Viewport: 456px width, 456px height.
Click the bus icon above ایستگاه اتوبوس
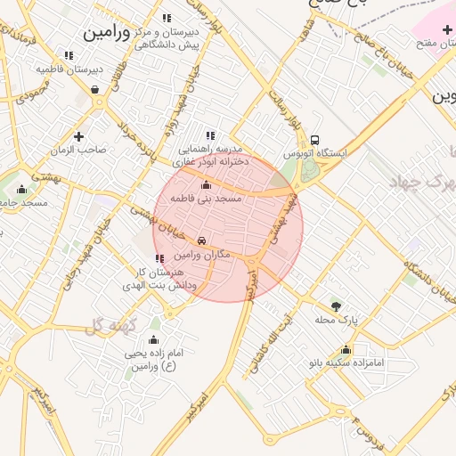click(x=315, y=140)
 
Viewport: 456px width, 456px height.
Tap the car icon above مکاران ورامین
click(x=202, y=241)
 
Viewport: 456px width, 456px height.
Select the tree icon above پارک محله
click(x=336, y=305)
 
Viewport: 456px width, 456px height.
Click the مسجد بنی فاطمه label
click(x=207, y=199)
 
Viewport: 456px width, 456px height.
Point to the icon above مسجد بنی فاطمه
click(x=207, y=185)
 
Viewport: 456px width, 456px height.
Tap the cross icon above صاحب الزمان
click(x=79, y=136)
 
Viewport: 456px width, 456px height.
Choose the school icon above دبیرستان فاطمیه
click(x=69, y=55)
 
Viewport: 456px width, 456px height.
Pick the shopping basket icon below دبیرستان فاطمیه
click(x=95, y=89)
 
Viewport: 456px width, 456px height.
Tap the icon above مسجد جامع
click(x=21, y=189)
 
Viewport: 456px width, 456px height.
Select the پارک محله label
click(x=336, y=319)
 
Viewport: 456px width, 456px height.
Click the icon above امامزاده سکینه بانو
click(x=346, y=349)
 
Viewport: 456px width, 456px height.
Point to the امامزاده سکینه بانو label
click(x=346, y=362)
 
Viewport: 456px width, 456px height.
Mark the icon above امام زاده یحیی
click(x=153, y=339)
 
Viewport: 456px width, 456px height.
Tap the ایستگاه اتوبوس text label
click(x=315, y=153)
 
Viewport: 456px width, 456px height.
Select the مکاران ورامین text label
click(x=204, y=256)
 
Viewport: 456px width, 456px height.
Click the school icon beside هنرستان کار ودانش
click(x=159, y=258)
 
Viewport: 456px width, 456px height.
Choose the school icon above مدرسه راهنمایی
click(x=210, y=135)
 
